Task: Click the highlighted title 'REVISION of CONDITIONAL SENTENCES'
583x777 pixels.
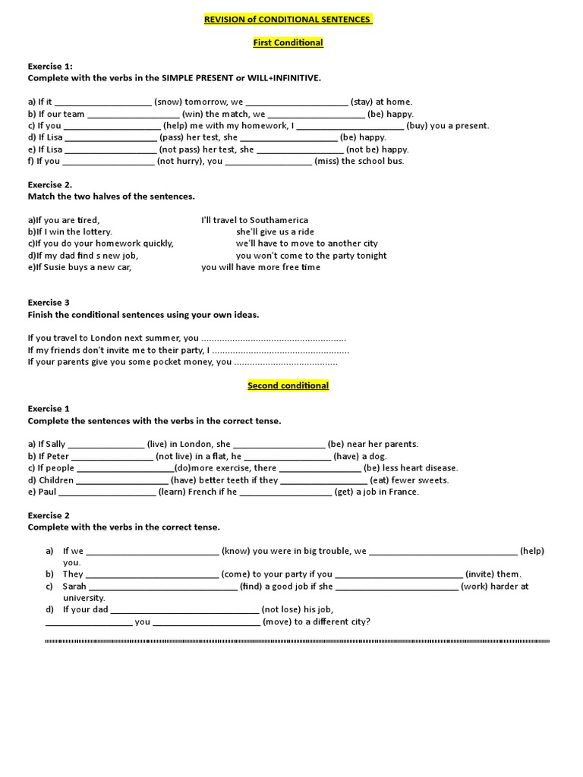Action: pyautogui.click(x=288, y=19)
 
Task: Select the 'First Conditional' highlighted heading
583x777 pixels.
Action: pyautogui.click(x=288, y=42)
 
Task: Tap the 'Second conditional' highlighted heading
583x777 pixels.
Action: pyautogui.click(x=288, y=385)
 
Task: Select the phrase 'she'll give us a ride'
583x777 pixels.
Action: pyautogui.click(x=275, y=232)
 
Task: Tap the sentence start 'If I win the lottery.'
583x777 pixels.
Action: pyautogui.click(x=70, y=232)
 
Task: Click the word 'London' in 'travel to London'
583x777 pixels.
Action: pyautogui.click(x=106, y=338)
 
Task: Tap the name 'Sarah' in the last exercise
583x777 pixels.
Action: pyautogui.click(x=74, y=587)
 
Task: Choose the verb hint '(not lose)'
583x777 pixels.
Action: pyautogui.click(x=283, y=609)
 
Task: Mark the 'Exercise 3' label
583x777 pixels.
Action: pyautogui.click(x=49, y=303)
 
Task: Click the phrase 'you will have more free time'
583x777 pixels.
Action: pyautogui.click(x=260, y=267)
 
